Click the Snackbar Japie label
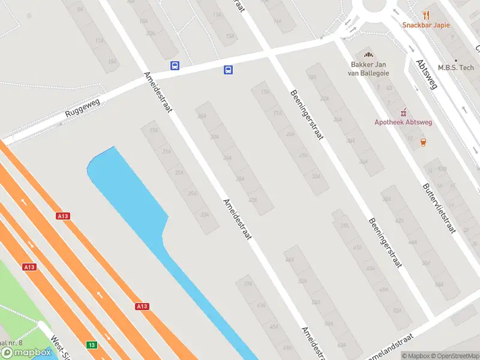coord(425,25)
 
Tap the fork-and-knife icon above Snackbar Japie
coord(426,14)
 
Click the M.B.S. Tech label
coord(456,67)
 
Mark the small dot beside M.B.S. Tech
coord(456,59)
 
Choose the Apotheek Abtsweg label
coord(403,122)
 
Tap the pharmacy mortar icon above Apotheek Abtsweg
coord(403,112)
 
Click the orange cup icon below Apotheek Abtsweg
coord(424,142)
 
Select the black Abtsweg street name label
coord(427,74)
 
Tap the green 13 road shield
coord(92,344)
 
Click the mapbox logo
coord(26,352)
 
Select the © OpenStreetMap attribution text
coord(454,356)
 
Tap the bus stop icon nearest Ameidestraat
coord(175,66)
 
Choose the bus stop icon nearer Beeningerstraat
coord(228,70)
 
